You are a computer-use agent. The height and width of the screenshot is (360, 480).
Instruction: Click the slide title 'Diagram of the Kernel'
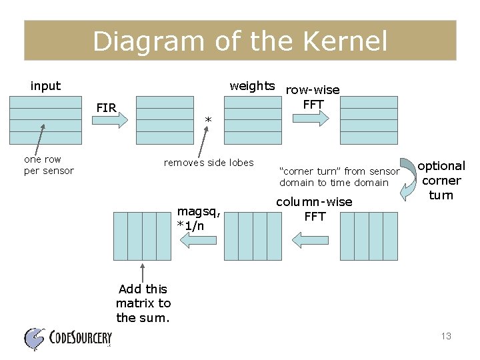240,41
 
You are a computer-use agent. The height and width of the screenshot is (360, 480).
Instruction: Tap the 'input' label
45,86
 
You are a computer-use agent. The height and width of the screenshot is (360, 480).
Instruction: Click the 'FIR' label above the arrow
106,107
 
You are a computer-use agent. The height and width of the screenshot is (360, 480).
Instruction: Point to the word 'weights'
252,86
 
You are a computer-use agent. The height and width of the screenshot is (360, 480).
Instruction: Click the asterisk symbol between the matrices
208,121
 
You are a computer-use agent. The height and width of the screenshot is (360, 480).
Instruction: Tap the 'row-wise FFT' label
313,97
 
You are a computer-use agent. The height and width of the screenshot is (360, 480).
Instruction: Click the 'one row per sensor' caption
49,165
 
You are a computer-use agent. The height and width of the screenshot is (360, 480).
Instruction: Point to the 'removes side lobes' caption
209,163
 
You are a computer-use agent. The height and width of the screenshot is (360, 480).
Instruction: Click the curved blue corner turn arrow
407,177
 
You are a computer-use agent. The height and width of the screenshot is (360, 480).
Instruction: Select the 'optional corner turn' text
441,180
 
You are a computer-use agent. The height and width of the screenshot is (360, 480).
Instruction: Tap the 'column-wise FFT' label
314,209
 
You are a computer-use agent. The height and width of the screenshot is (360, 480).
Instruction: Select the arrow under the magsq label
193,242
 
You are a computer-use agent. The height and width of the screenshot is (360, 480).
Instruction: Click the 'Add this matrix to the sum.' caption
143,303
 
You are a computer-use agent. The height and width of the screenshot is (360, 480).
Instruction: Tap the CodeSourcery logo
67,338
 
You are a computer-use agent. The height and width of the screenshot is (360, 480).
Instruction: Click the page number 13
446,336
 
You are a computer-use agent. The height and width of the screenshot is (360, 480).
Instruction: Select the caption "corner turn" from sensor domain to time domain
339,177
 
